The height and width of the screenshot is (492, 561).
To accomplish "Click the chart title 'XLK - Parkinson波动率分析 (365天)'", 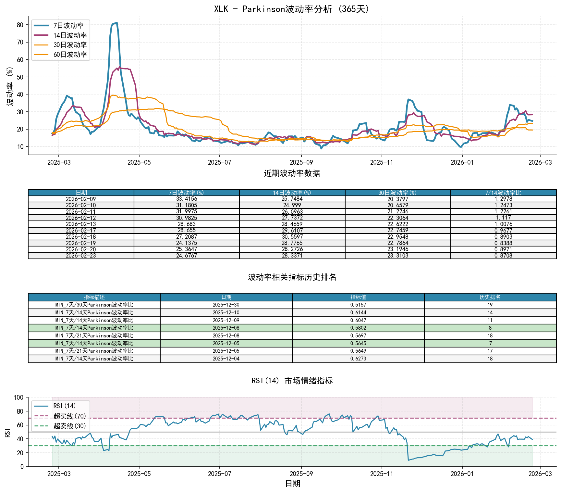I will pyautogui.click(x=292, y=9).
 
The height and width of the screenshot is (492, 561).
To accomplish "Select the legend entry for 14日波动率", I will pyautogui.click(x=70, y=35).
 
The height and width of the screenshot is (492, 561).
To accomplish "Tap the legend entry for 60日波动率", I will pyautogui.click(x=70, y=55).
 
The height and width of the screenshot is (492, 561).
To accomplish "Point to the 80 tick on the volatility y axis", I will pyautogui.click(x=20, y=25).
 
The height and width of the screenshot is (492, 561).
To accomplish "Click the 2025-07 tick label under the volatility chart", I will pyautogui.click(x=219, y=162).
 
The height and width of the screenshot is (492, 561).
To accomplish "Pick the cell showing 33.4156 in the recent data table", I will pyautogui.click(x=187, y=199).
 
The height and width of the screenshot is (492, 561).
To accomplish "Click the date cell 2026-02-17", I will pyautogui.click(x=81, y=230).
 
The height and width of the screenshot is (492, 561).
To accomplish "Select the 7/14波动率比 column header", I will pyautogui.click(x=503, y=193).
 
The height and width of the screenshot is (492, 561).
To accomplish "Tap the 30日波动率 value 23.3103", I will pyautogui.click(x=398, y=256).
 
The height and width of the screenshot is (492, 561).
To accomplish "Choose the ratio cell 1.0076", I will pyautogui.click(x=503, y=224).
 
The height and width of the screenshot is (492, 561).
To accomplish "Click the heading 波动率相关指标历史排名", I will pyautogui.click(x=292, y=277).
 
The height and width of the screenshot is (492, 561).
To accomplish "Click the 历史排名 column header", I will pyautogui.click(x=490, y=297).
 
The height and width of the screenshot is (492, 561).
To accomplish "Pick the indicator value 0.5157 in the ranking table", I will pyautogui.click(x=358, y=305).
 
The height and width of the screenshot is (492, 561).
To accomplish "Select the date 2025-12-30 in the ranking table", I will pyautogui.click(x=226, y=305).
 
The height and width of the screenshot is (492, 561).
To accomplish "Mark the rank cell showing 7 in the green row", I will pyautogui.click(x=490, y=343).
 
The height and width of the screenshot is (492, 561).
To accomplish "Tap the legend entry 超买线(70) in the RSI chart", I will pyautogui.click(x=69, y=416).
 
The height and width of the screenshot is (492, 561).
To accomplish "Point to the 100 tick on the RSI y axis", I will pyautogui.click(x=19, y=397).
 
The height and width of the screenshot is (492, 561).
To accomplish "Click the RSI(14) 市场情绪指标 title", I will pyautogui.click(x=292, y=381).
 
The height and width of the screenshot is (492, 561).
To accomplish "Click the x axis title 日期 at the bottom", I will pyautogui.click(x=292, y=484).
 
